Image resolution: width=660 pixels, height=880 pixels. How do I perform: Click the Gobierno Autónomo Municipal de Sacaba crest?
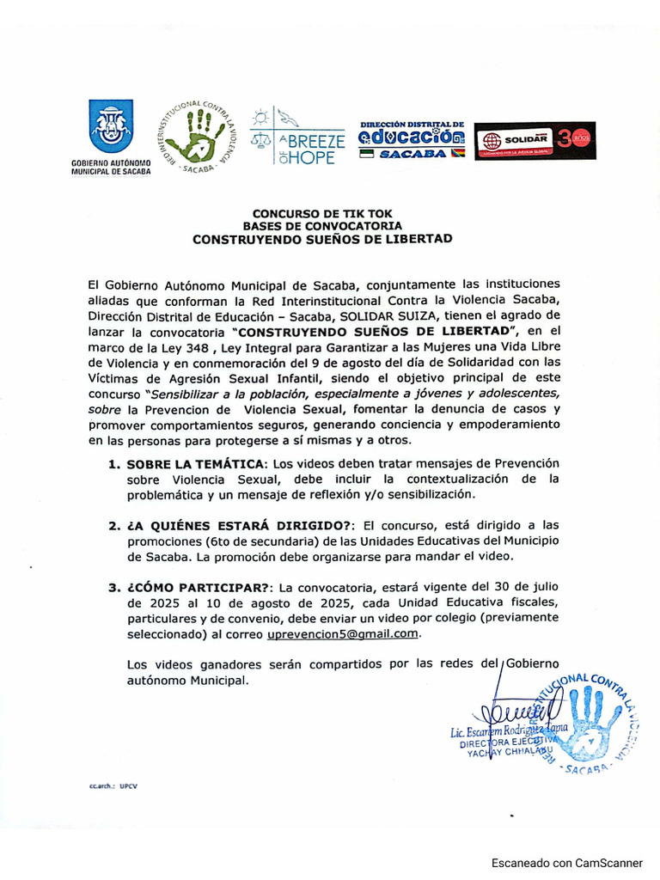click(x=111, y=126)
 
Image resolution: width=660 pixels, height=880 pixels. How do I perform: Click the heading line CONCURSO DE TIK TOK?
click(x=322, y=213)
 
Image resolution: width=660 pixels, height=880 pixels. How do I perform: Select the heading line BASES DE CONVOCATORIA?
click(x=322, y=225)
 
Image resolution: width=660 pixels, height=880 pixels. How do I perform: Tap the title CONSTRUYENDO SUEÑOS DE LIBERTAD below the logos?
click(x=322, y=238)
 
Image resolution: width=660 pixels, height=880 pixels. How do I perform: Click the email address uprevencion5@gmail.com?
click(x=343, y=633)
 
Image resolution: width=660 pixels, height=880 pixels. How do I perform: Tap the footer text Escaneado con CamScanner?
click(x=566, y=862)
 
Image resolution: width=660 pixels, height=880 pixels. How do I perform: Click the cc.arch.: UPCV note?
click(x=113, y=785)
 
